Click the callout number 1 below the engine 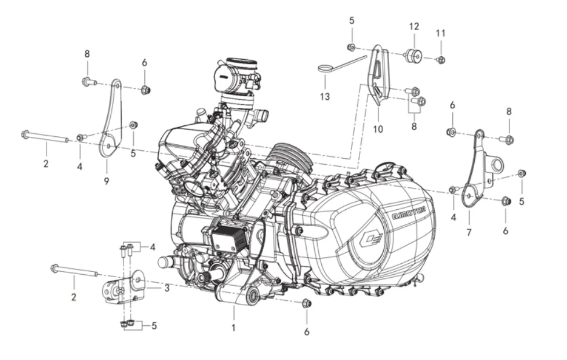click(x=234, y=328)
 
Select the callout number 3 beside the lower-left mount click(x=166, y=288)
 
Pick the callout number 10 click(x=378, y=129)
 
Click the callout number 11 click(x=440, y=33)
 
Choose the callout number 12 click(x=413, y=27)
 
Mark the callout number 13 click(x=325, y=96)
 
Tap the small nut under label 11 click(x=441, y=60)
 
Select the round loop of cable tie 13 click(x=326, y=69)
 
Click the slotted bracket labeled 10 click(x=378, y=75)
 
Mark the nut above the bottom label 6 click(x=307, y=303)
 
